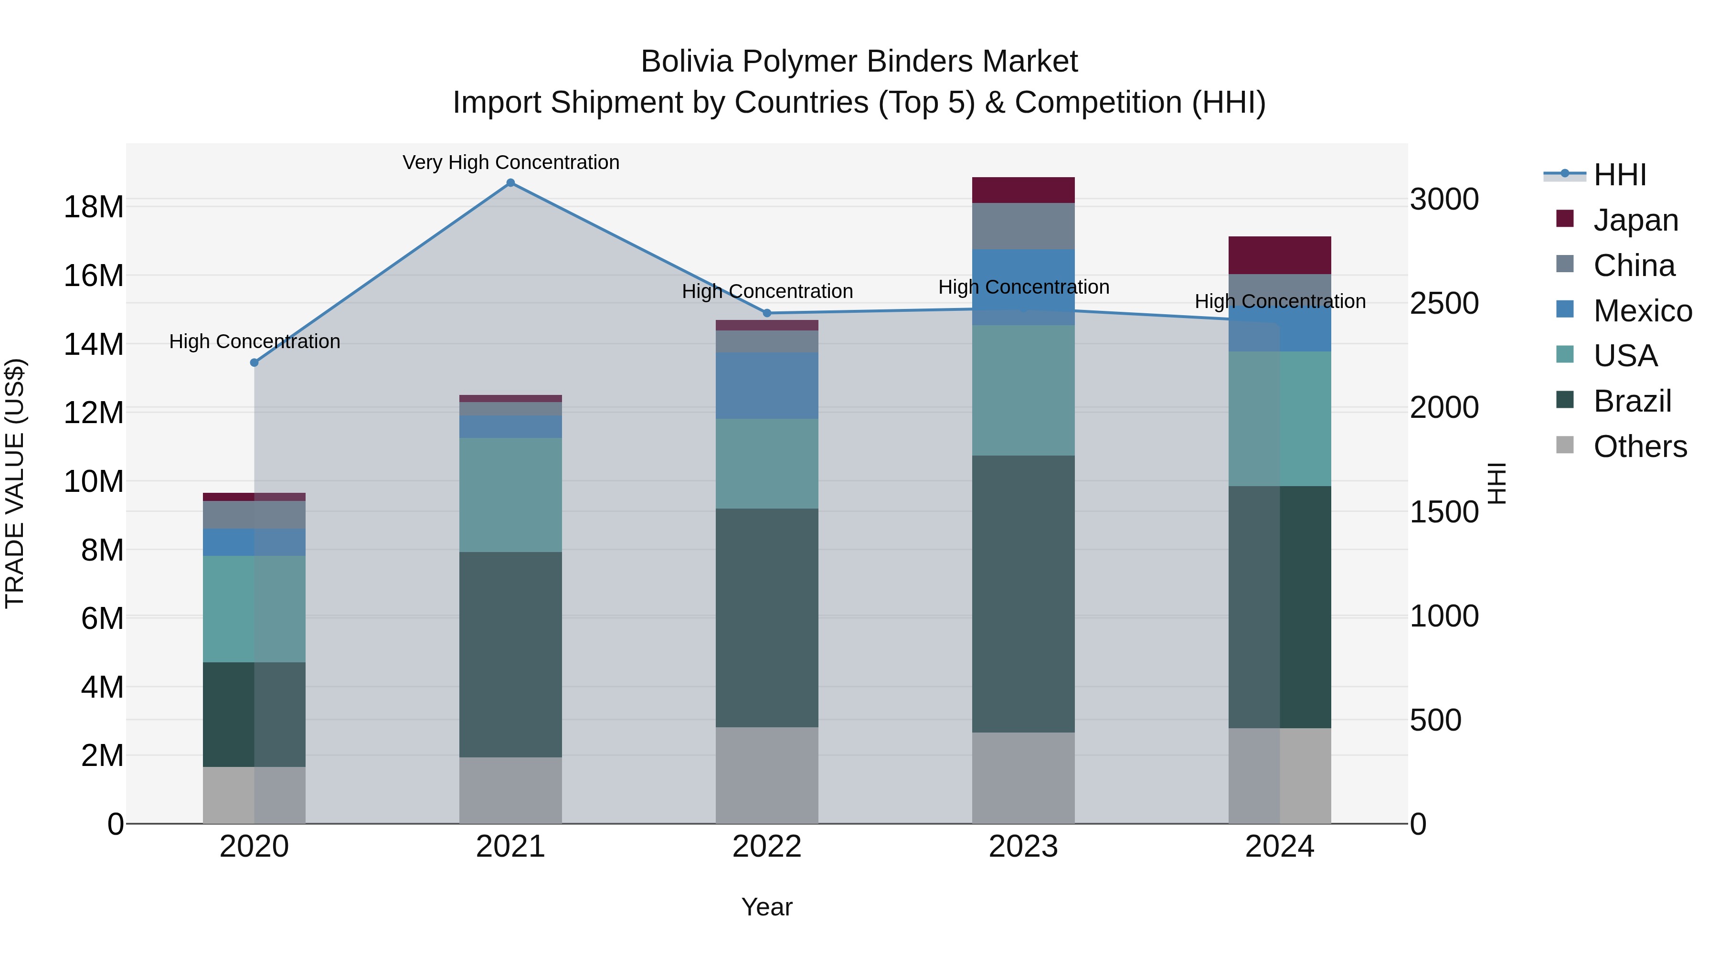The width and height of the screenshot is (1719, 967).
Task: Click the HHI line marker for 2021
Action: (510, 183)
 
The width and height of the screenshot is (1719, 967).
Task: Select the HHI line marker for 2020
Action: (254, 363)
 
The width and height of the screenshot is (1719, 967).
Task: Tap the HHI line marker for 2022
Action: (767, 313)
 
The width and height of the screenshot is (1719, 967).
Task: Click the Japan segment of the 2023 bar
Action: (1023, 190)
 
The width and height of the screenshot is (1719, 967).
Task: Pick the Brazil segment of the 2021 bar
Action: (510, 654)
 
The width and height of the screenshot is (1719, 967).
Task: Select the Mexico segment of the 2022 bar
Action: (767, 386)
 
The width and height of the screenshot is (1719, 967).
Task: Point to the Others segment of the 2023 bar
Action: (1023, 778)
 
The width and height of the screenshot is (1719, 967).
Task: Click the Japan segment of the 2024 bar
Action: (1279, 255)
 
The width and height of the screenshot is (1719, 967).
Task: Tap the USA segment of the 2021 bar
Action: (510, 495)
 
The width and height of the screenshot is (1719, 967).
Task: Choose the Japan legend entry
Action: (1635, 220)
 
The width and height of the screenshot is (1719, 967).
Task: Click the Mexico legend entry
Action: (1642, 311)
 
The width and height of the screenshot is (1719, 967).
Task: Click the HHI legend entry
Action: (1620, 175)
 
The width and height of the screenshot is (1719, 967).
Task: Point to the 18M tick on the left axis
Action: (94, 207)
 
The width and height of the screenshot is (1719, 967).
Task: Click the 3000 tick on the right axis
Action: (1444, 200)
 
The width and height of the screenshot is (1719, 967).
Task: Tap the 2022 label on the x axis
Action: (767, 847)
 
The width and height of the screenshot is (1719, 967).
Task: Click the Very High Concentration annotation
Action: (510, 163)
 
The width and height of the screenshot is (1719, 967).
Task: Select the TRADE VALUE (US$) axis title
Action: (15, 483)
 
